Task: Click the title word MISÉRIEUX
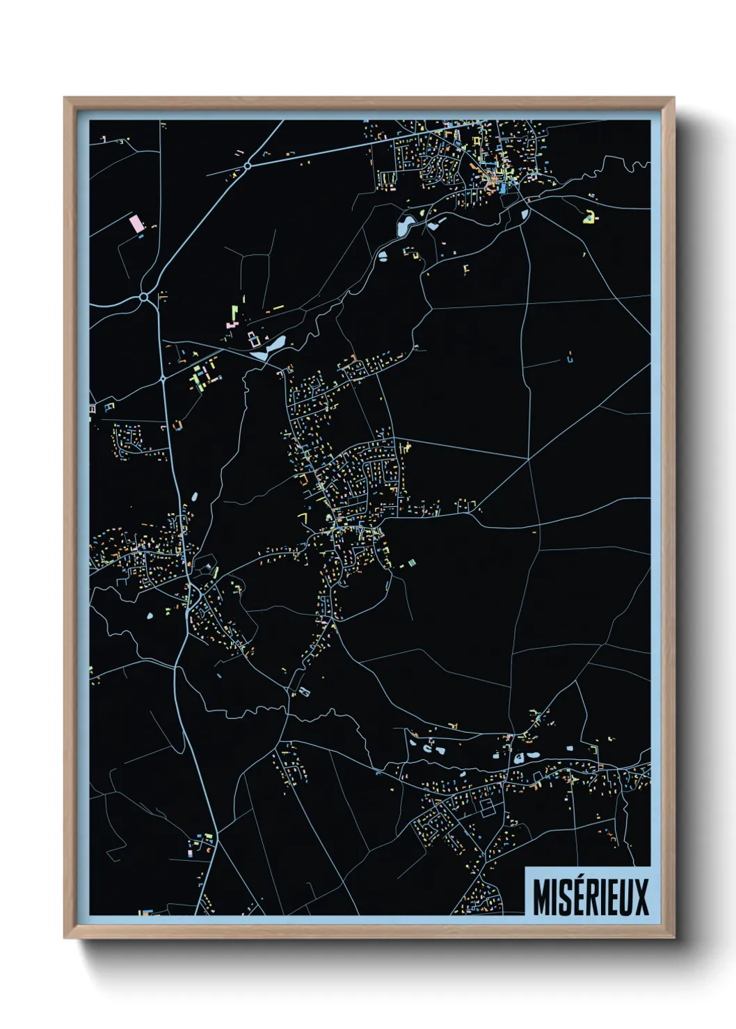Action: [x=591, y=897]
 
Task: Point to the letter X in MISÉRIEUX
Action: [x=641, y=897]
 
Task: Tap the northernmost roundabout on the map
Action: [x=247, y=166]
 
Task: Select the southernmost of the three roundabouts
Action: [x=162, y=379]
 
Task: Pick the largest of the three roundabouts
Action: [x=143, y=298]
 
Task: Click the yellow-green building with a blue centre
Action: [x=589, y=217]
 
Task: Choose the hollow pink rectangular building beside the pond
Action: [x=254, y=341]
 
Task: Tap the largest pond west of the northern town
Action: [x=405, y=225]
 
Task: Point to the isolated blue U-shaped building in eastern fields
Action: [x=570, y=359]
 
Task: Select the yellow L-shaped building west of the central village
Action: [x=303, y=517]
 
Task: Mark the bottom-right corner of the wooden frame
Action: [x=673, y=937]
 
